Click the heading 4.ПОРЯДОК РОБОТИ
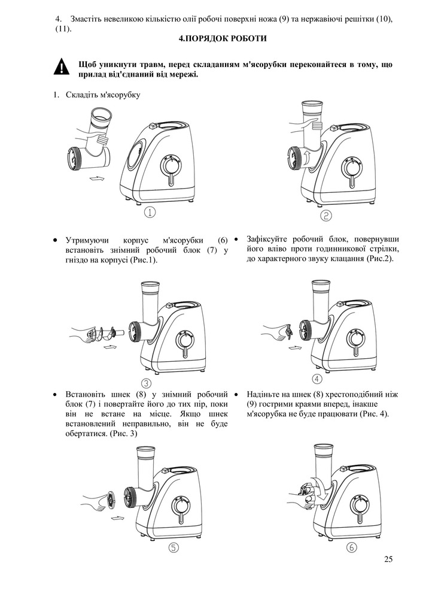pyautogui.click(x=223, y=38)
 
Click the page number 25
pyautogui.click(x=389, y=559)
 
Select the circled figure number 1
pyautogui.click(x=150, y=211)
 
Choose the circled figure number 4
pyautogui.click(x=317, y=379)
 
